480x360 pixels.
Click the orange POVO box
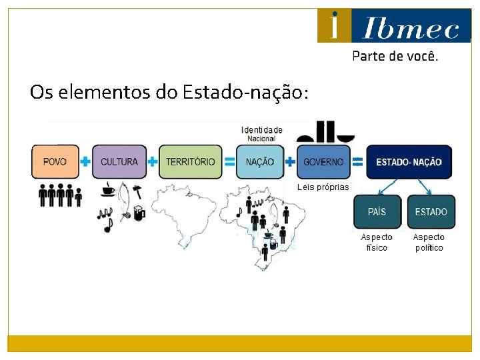click(x=55, y=161)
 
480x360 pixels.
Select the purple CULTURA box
click(x=119, y=161)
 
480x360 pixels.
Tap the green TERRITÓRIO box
click(x=190, y=161)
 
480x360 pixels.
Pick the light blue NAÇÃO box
click(x=259, y=161)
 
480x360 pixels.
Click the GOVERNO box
click(x=323, y=161)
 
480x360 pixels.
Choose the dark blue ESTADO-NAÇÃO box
click(x=409, y=162)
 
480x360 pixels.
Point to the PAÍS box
click(x=377, y=211)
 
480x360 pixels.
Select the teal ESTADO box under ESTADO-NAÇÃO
click(x=431, y=211)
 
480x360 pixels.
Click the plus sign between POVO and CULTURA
click(x=86, y=162)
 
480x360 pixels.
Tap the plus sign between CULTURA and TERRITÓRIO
click(x=153, y=161)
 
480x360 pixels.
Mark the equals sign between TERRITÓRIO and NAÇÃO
click(x=229, y=161)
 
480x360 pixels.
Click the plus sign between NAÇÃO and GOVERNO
click(x=290, y=161)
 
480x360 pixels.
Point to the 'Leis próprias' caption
click(x=323, y=187)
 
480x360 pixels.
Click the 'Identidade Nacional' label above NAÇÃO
click(x=261, y=134)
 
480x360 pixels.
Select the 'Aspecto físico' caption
click(x=377, y=243)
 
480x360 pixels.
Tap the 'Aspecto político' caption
click(x=429, y=243)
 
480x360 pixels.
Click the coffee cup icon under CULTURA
click(x=107, y=191)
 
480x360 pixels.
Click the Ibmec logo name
click(x=410, y=29)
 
